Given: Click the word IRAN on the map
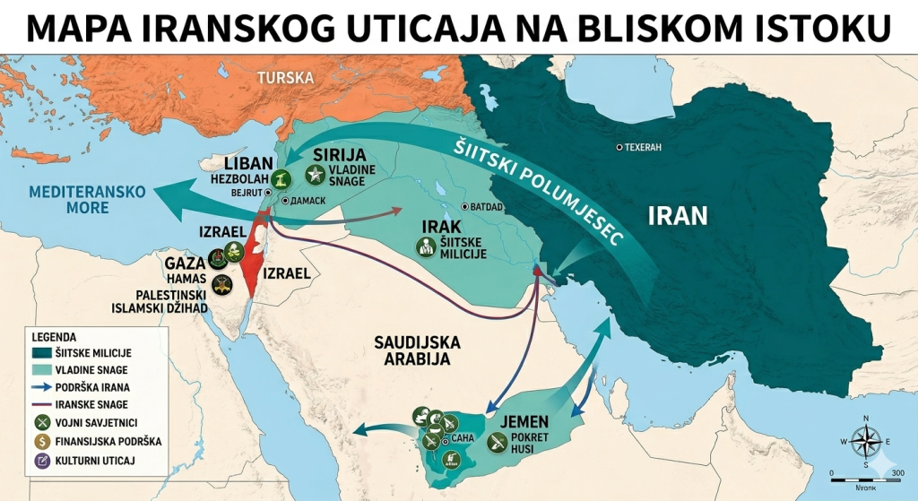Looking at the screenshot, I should [678, 215].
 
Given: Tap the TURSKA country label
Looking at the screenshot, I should [286, 78].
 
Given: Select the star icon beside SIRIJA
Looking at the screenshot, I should [315, 174].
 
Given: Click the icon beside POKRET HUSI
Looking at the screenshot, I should [498, 441].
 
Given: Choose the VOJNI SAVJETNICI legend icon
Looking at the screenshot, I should [40, 422].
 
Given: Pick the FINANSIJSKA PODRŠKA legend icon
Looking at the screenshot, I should [40, 441].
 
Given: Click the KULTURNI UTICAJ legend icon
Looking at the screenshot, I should [40, 460].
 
